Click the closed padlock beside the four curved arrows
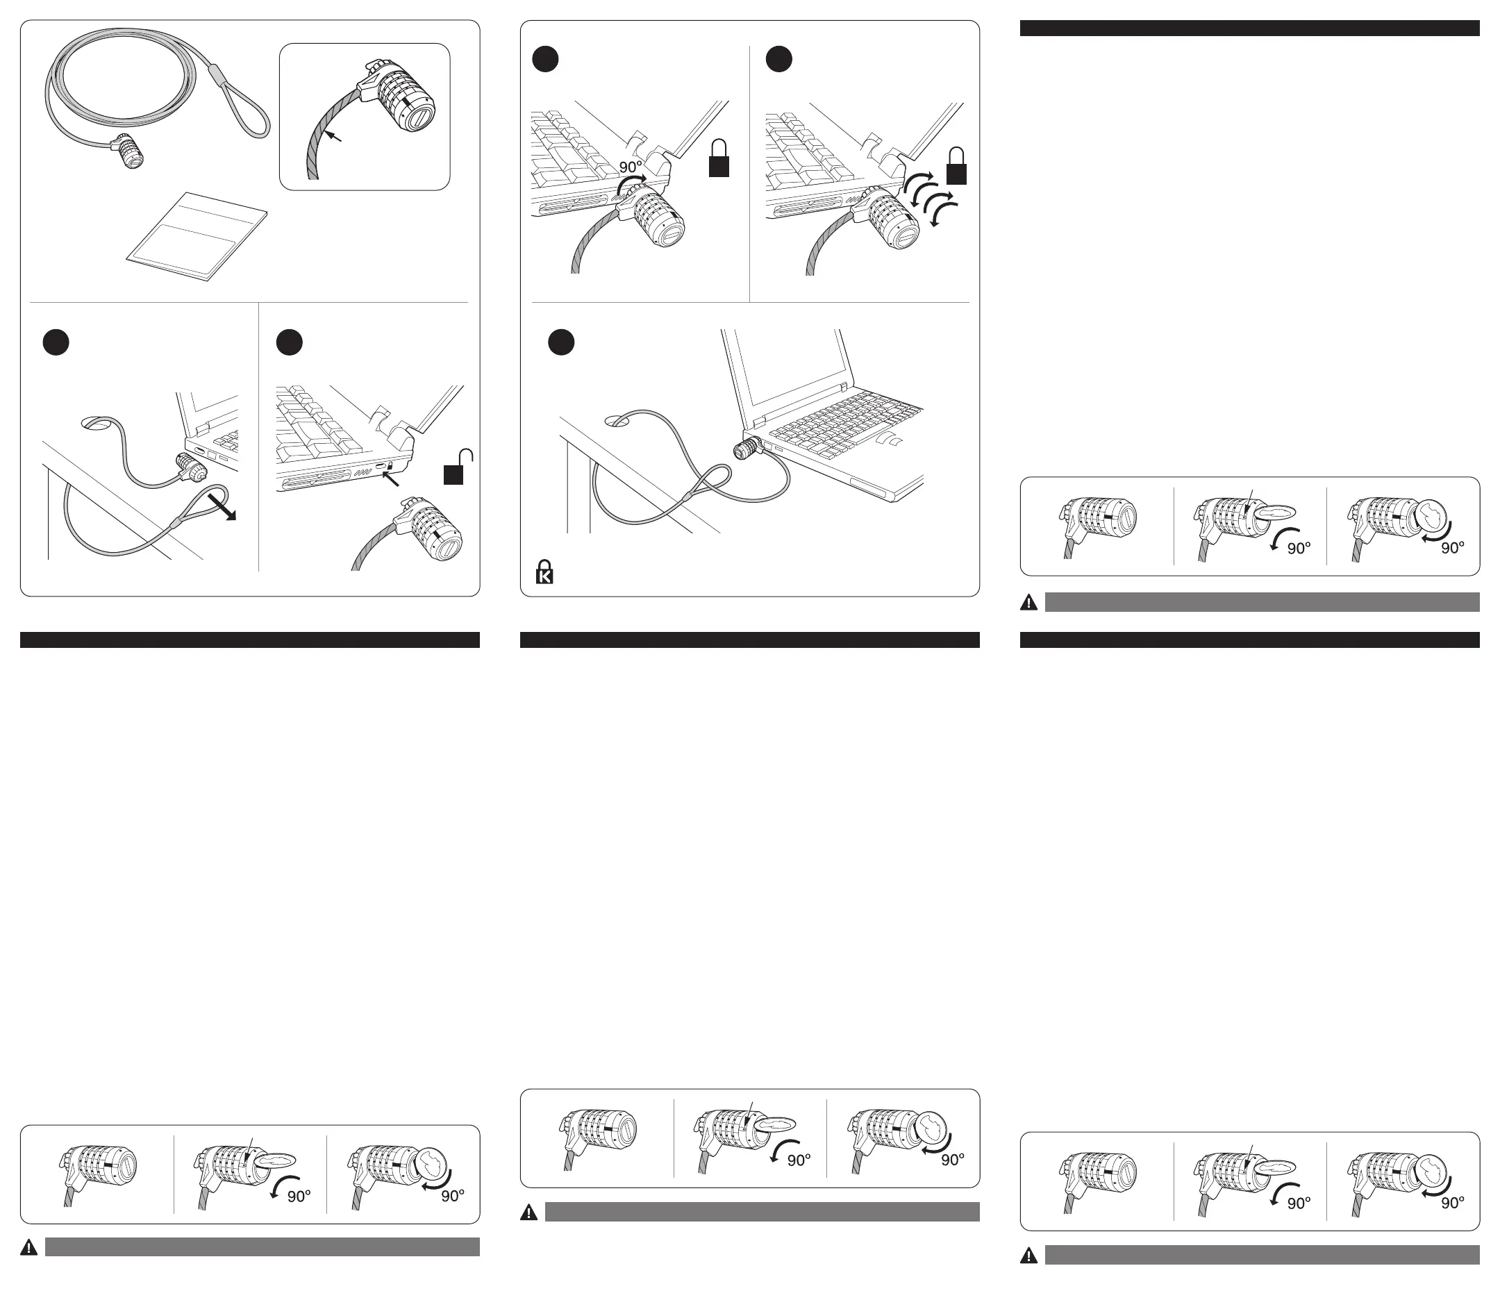coord(957,167)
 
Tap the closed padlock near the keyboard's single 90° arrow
coord(719,158)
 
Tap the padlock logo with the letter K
coord(544,572)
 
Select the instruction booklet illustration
coord(197,236)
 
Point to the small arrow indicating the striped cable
coord(332,135)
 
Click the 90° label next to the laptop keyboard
coord(631,167)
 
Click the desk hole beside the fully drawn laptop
coord(617,420)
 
